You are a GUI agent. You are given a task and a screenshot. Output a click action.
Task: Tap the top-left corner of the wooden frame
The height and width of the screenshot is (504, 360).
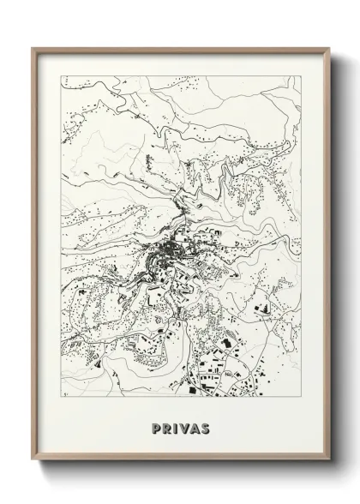tap(33, 47)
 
